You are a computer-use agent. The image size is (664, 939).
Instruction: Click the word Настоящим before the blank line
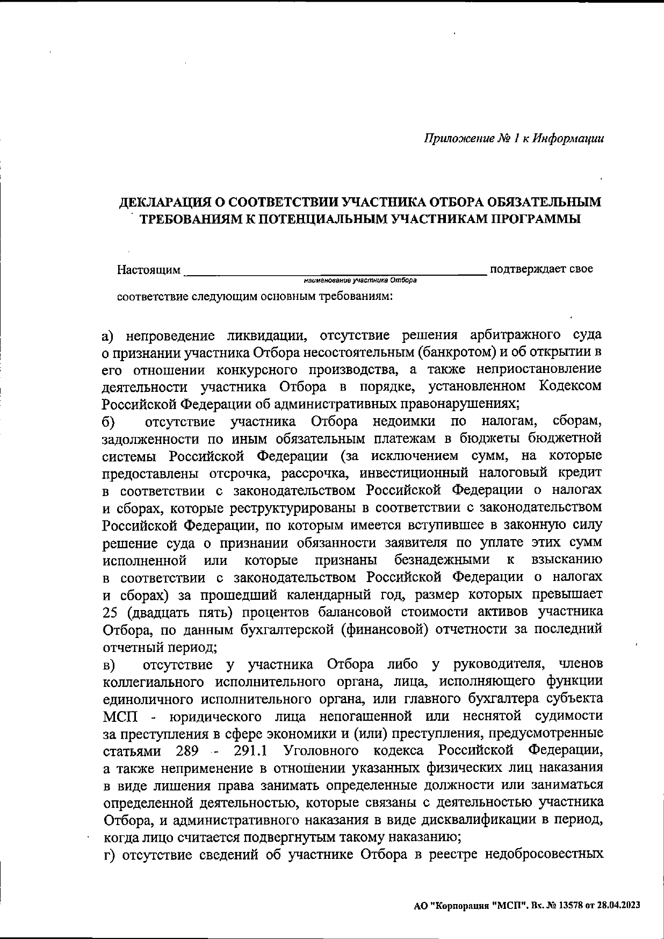point(149,269)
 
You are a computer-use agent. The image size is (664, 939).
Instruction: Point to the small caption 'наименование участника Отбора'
point(360,281)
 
